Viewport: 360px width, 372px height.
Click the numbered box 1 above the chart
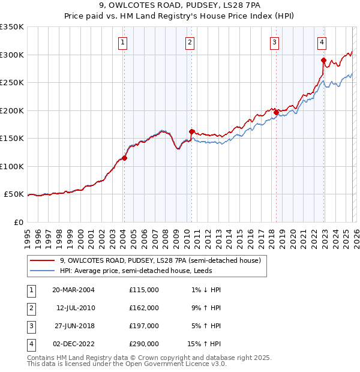(x=122, y=42)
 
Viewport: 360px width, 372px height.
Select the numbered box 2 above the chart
(x=190, y=42)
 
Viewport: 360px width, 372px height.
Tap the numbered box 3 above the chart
(x=274, y=42)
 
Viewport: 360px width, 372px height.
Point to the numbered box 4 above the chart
(x=322, y=42)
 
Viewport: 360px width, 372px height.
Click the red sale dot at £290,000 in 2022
(x=323, y=60)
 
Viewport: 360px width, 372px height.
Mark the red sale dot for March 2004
(x=125, y=158)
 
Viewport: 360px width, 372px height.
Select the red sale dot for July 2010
(x=191, y=131)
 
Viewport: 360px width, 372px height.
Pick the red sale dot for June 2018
(x=276, y=112)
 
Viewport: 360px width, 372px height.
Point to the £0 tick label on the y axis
(x=18, y=222)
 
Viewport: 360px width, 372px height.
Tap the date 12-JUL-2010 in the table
(x=76, y=308)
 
